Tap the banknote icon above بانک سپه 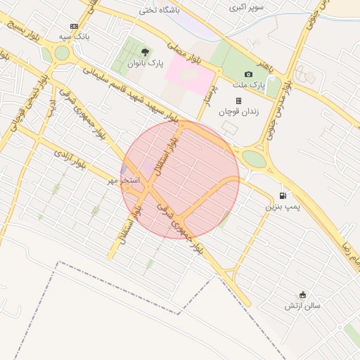[x=74, y=25]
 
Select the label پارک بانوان [x=145, y=63]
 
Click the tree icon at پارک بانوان [x=145, y=52]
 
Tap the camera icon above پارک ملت [x=248, y=75]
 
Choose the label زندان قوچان [x=238, y=111]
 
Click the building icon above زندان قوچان [x=238, y=101]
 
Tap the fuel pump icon [x=283, y=195]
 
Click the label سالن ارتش [x=302, y=306]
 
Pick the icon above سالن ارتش [x=303, y=295]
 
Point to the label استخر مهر [x=124, y=181]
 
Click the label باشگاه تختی [x=179, y=11]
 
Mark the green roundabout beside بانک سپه [x=62, y=53]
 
